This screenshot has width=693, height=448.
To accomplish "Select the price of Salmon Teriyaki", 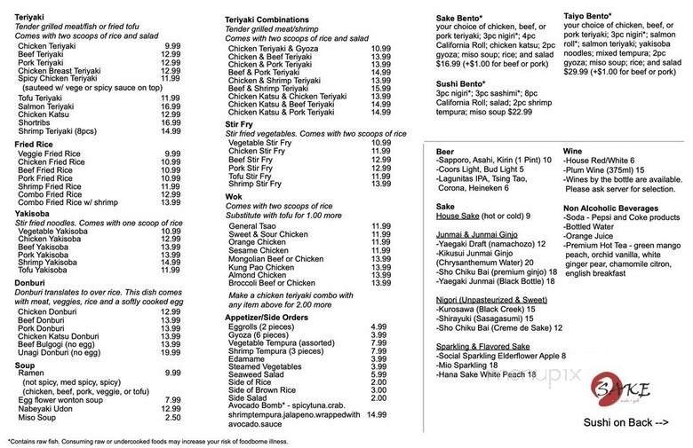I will click(x=171, y=106).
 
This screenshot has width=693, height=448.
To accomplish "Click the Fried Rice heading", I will click(x=34, y=144).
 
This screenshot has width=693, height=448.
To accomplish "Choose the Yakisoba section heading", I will click(x=30, y=214).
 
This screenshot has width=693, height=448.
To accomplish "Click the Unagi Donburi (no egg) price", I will click(x=171, y=351).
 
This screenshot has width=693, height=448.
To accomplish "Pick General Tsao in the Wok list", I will click(x=253, y=225).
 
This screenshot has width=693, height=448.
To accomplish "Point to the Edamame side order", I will click(x=247, y=357).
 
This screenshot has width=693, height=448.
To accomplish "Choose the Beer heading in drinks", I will click(x=445, y=152).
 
